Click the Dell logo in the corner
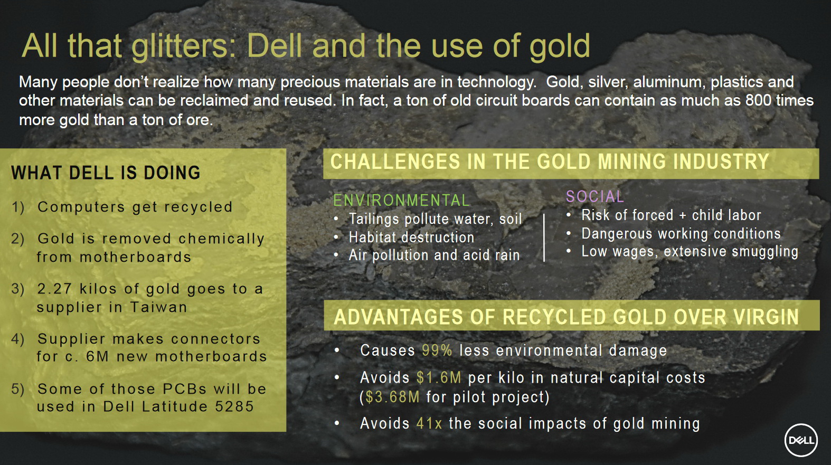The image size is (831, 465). point(801,440)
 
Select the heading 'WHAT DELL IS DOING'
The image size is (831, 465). point(106,173)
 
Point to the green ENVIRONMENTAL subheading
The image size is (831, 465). point(401,201)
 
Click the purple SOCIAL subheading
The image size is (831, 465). point(595,196)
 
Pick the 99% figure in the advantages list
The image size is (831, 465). point(437,350)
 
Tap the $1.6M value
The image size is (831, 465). point(439,378)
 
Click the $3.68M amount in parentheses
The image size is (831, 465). point(392,397)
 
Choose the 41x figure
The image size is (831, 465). point(429,423)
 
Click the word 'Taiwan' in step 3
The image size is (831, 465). point(158,307)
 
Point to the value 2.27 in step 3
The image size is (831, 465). point(54,289)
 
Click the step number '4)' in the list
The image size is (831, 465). point(18,339)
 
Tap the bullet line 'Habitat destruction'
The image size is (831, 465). point(411,238)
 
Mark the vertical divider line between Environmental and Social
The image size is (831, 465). point(544,238)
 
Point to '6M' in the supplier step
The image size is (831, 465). point(98,357)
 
